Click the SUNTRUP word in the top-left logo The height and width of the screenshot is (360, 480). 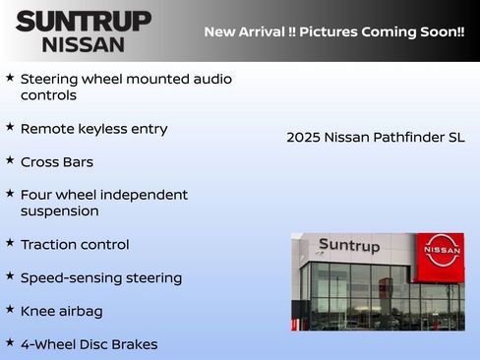click(83, 20)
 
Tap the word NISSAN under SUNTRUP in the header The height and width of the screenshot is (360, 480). click(83, 44)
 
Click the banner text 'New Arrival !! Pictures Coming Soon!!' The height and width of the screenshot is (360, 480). click(334, 31)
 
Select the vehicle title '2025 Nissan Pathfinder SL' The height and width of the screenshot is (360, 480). click(375, 138)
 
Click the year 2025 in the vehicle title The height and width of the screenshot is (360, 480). click(303, 138)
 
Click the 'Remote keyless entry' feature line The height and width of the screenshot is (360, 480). click(93, 129)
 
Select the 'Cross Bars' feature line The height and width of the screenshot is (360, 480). click(57, 162)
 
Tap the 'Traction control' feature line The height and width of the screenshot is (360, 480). click(75, 245)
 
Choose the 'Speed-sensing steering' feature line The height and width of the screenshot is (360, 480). click(101, 278)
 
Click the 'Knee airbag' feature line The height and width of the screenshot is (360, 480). click(61, 312)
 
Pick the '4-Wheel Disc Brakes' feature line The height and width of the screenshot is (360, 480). click(89, 344)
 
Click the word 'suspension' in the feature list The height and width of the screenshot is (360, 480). click(59, 211)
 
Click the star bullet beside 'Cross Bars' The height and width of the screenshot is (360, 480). click(10, 159)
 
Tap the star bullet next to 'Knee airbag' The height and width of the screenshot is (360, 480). click(10, 309)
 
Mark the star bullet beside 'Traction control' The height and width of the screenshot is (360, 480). click(10, 242)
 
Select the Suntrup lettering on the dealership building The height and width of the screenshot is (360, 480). click(348, 246)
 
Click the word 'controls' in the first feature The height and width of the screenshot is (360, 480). click(48, 95)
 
